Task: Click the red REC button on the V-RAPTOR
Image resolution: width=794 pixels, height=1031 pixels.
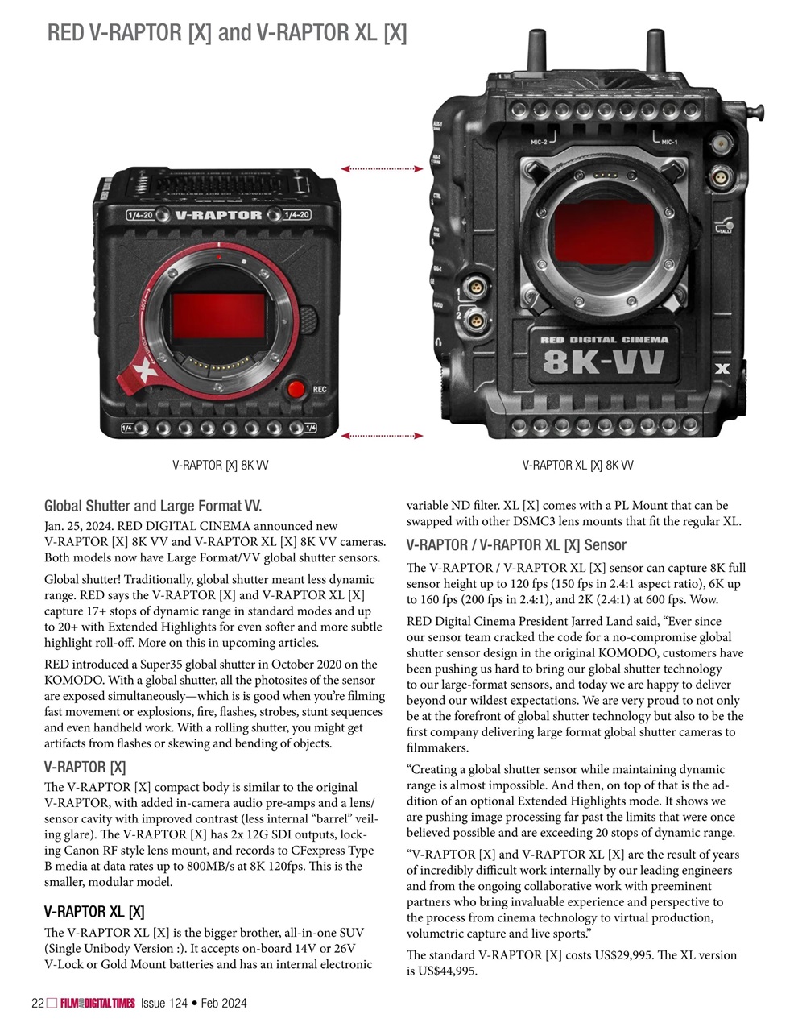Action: tap(296, 389)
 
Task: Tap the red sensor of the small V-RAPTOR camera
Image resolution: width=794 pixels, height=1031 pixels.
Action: tap(218, 316)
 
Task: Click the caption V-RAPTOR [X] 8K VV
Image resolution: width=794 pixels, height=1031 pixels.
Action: tap(220, 466)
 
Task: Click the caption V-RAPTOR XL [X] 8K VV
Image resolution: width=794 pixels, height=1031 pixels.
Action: tap(577, 466)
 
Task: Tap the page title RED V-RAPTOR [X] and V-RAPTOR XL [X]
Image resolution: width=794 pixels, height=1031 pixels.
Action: tap(226, 33)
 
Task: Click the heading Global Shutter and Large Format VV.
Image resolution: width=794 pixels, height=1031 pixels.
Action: tap(153, 507)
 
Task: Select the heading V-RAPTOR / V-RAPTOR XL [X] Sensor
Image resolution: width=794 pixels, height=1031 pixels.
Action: tap(516, 545)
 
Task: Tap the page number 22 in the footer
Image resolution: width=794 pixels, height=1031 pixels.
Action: tap(36, 1003)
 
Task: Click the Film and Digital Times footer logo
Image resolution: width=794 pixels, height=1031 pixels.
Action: tap(97, 1003)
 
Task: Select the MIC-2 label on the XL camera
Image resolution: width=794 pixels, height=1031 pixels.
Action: tap(539, 142)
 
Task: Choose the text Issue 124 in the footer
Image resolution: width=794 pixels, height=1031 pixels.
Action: tap(163, 1003)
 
